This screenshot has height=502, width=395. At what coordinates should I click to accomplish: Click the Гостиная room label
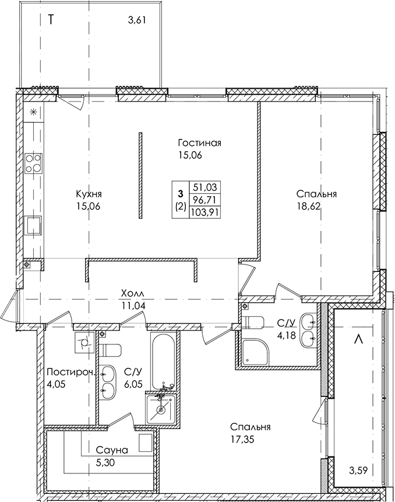click(x=200, y=143)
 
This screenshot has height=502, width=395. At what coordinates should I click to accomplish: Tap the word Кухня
click(x=89, y=194)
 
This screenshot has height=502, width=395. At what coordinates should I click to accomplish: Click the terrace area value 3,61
click(x=136, y=22)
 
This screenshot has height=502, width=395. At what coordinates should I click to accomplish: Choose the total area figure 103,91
click(x=204, y=212)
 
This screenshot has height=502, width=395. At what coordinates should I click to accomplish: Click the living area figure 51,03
click(x=204, y=187)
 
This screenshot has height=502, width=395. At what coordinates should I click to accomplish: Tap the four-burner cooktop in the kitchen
click(x=33, y=163)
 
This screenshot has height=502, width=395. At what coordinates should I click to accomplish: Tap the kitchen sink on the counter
click(x=33, y=224)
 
